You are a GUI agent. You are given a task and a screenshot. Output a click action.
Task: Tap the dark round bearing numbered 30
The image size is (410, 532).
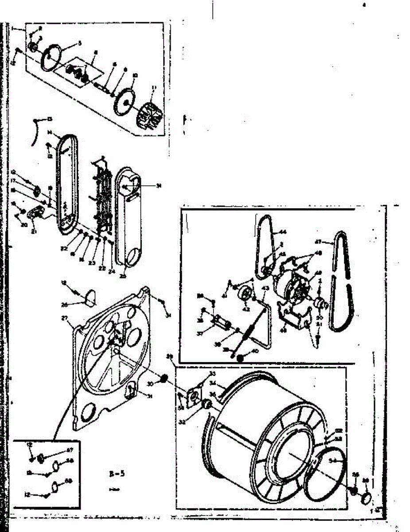163,378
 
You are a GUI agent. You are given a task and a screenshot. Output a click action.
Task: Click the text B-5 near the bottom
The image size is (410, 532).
118,473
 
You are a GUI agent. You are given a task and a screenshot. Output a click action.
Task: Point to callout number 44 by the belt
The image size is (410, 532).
282,232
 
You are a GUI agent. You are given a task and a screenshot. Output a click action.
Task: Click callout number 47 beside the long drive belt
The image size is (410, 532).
331,243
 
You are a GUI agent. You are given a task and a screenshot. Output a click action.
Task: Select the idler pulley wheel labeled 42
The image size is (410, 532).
245,294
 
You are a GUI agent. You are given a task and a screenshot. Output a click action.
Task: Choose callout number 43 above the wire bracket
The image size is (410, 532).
265,289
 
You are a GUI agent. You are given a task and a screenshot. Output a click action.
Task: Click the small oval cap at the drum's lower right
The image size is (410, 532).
366,497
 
